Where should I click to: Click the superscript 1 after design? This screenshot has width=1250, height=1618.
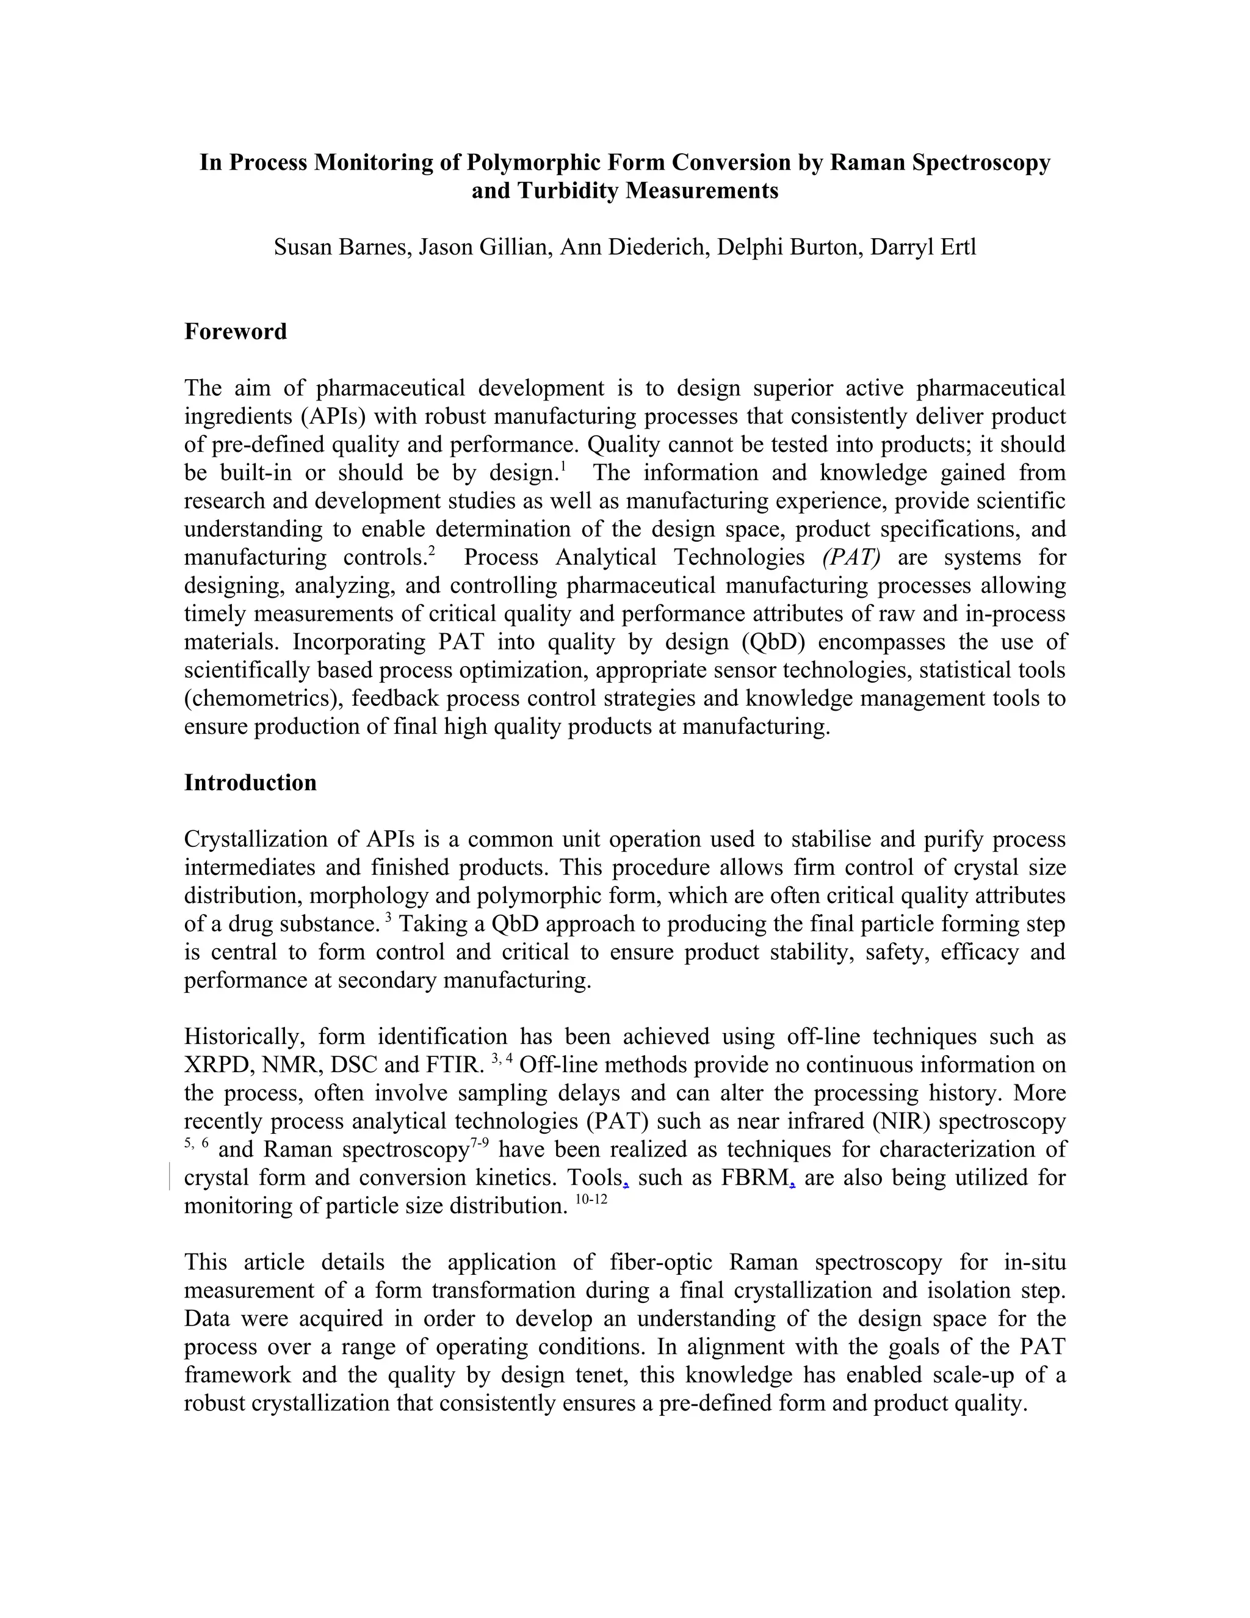[563, 466]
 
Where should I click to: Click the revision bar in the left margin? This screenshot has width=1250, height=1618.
[170, 1177]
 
